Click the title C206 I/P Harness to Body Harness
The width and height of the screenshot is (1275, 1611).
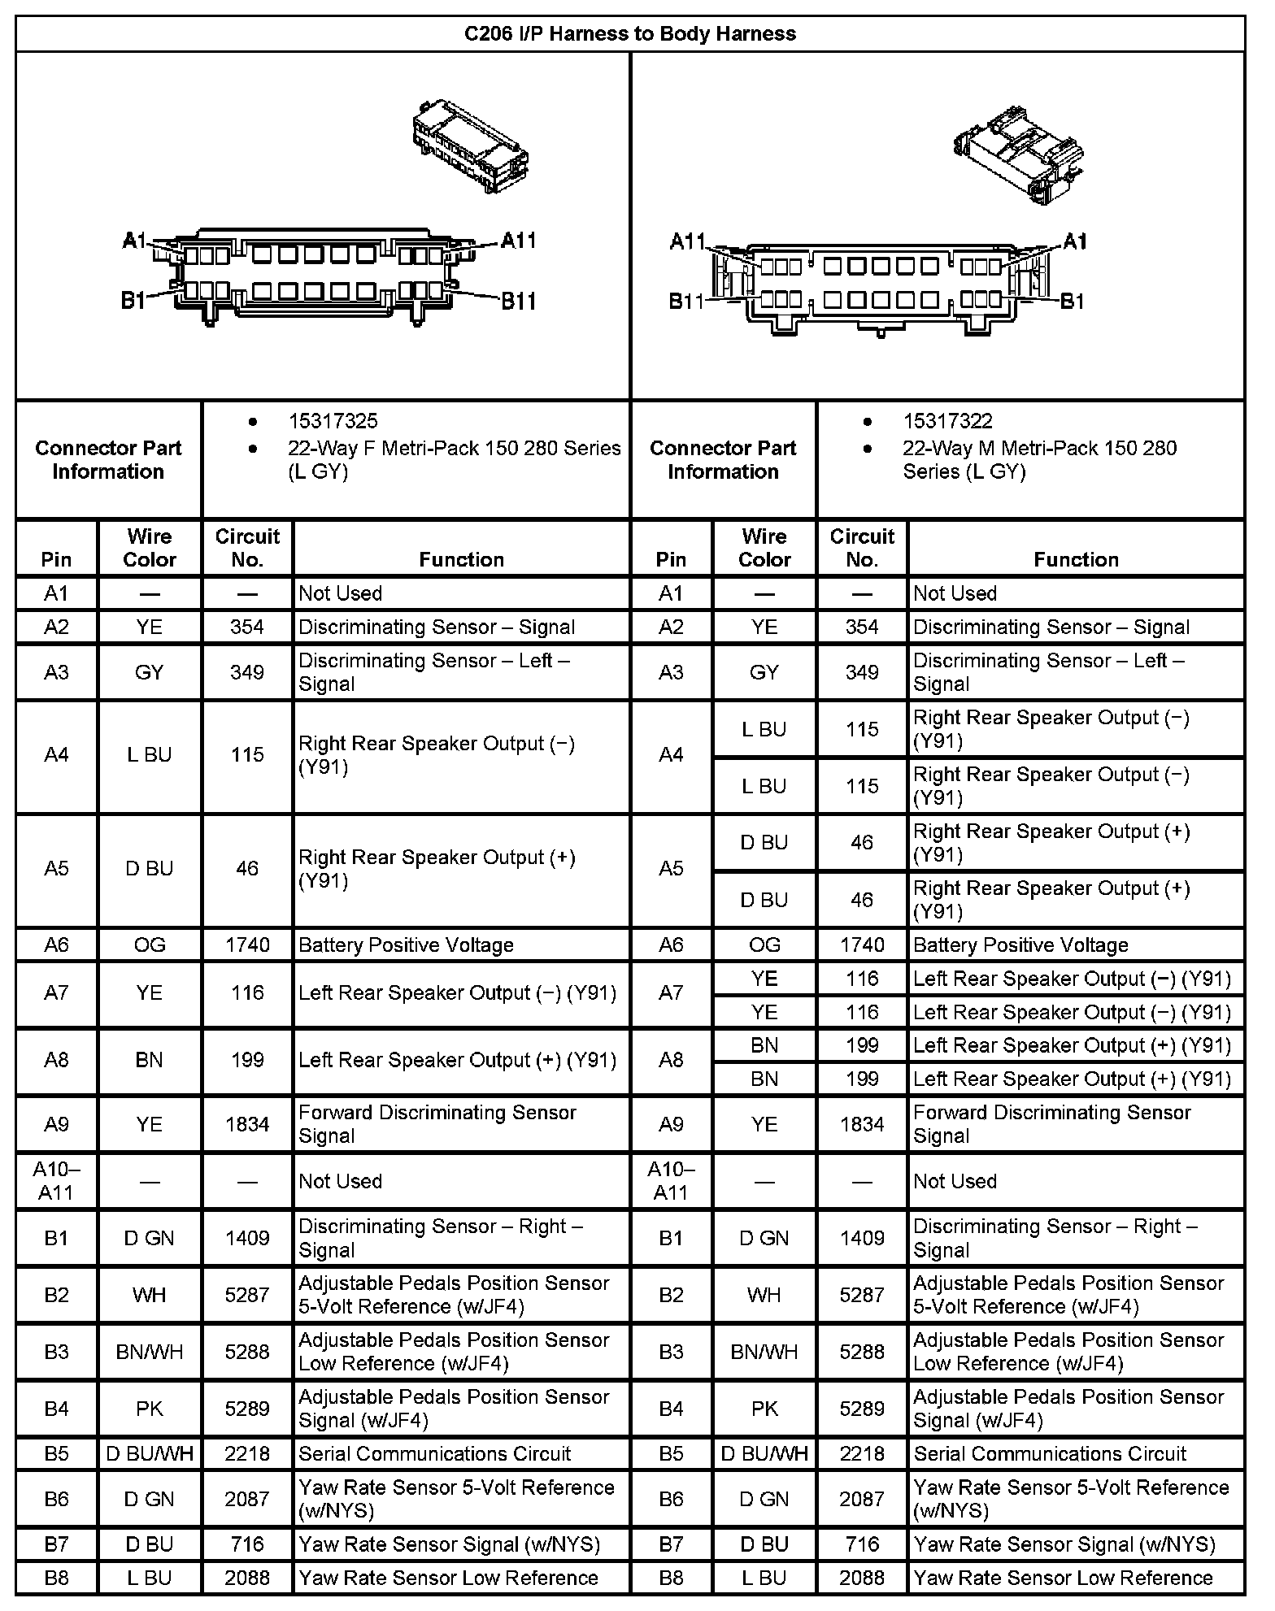tap(629, 34)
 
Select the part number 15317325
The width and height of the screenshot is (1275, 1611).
tap(333, 421)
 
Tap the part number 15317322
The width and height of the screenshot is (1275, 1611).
tap(947, 421)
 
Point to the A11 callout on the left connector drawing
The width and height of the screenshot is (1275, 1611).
tap(518, 241)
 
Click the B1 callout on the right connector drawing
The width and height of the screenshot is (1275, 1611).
tap(1073, 302)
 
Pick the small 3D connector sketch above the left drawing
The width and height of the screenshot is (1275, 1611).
tap(470, 146)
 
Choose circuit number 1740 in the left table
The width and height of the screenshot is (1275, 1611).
tap(247, 945)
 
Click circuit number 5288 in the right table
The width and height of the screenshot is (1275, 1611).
tap(862, 1352)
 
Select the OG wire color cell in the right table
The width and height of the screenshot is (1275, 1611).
tap(764, 945)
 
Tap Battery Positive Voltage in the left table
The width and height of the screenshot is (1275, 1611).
tap(406, 945)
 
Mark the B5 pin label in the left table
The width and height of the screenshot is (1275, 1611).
tap(56, 1453)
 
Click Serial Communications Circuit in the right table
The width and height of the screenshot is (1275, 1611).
tap(1050, 1453)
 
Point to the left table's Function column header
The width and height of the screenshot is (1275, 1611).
tap(461, 559)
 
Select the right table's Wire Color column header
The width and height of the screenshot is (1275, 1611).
tap(764, 548)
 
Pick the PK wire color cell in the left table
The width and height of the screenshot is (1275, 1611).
tap(150, 1409)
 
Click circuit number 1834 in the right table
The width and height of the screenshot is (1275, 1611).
tap(862, 1124)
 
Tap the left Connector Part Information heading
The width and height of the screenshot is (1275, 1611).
tap(108, 459)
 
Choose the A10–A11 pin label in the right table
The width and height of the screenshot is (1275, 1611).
tap(671, 1181)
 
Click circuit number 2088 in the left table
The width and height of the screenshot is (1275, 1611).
tap(247, 1578)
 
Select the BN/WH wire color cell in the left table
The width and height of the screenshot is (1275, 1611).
tap(150, 1352)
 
